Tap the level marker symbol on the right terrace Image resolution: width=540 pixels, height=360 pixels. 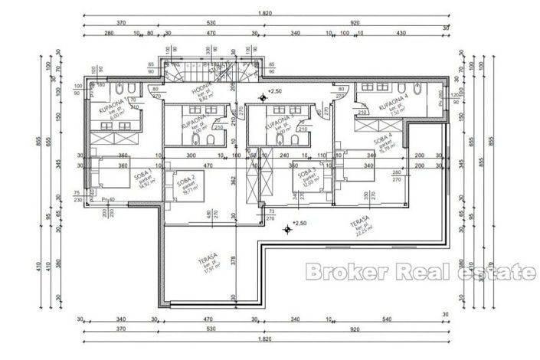tap(286, 227)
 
